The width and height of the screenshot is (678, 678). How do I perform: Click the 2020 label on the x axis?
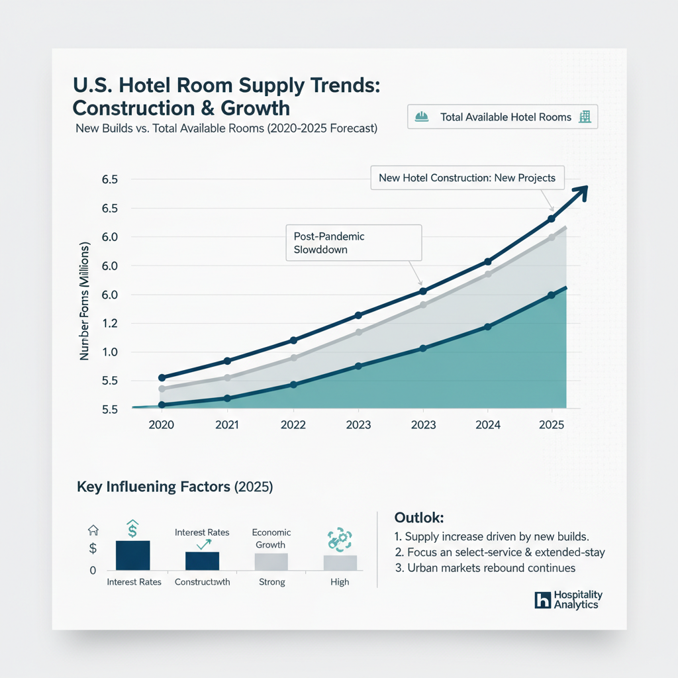point(161,424)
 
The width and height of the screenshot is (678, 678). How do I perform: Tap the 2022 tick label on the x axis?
point(293,424)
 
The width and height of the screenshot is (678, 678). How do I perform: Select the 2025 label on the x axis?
point(552,424)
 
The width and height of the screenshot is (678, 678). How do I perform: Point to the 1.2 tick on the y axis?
point(109,323)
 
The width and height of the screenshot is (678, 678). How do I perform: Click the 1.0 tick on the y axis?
point(109,352)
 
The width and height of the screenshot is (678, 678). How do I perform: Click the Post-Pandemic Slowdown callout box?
point(353,243)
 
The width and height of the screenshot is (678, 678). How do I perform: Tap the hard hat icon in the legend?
point(421,117)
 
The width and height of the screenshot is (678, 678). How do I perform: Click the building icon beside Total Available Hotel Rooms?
point(585,117)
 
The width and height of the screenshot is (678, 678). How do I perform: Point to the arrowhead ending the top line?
point(581,191)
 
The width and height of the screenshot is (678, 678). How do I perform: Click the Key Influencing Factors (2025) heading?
point(175,487)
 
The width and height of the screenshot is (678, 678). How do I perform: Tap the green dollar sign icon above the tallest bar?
point(132,528)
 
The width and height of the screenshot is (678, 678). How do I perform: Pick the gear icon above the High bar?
point(340,540)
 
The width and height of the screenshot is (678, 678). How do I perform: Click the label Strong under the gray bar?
point(271,582)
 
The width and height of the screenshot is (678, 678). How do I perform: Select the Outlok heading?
point(418,517)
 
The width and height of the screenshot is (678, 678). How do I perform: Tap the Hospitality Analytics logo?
point(568,600)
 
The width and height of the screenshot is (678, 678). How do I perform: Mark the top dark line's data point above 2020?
point(162,377)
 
